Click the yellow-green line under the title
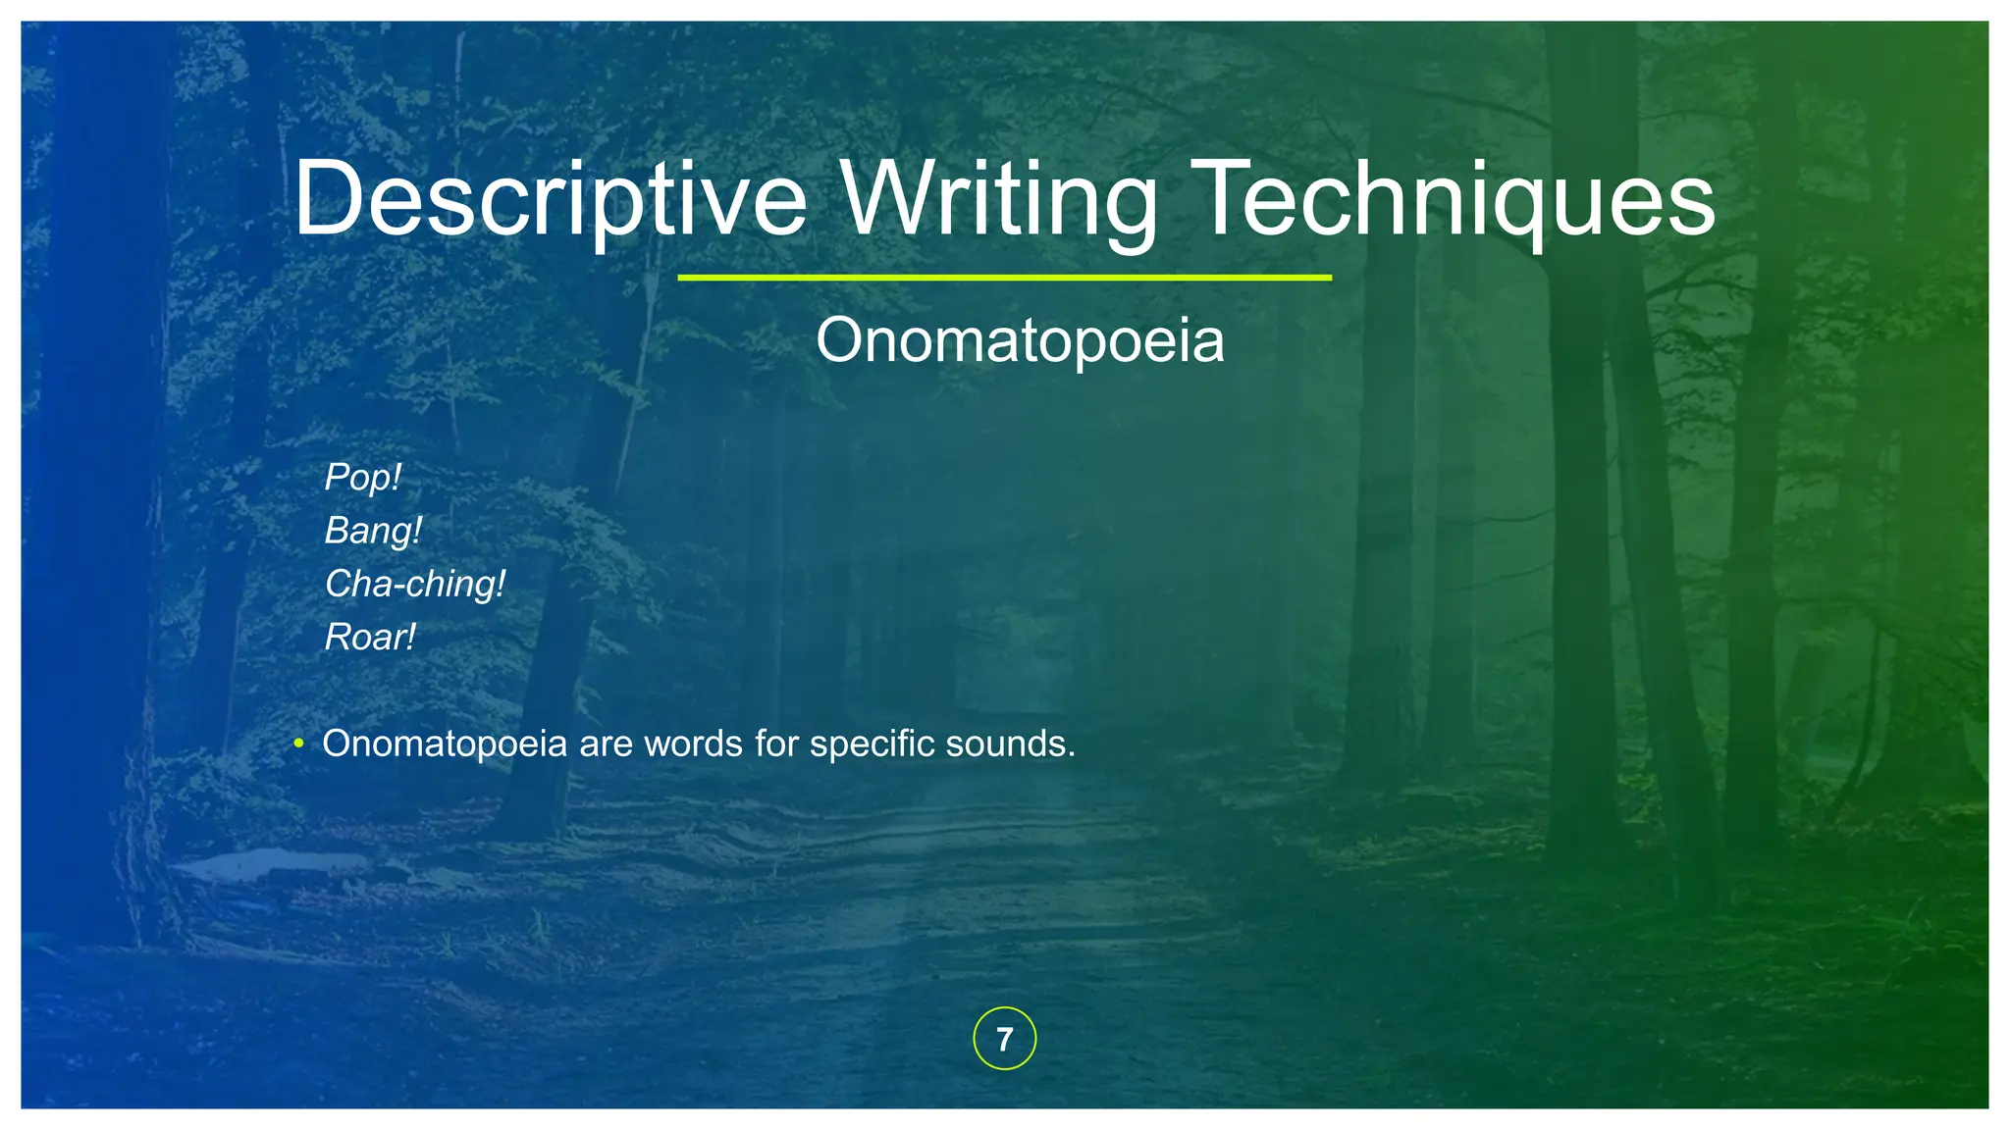[x=1004, y=278]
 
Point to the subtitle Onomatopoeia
[x=1020, y=340]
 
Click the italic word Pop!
[x=362, y=478]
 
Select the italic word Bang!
[x=373, y=531]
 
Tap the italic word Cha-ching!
[x=414, y=584]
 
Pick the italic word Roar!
[x=370, y=638]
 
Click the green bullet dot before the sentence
[x=298, y=745]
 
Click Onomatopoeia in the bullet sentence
[x=445, y=744]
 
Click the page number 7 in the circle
[x=1004, y=1039]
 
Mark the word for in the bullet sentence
[x=777, y=744]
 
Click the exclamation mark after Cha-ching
[x=501, y=584]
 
